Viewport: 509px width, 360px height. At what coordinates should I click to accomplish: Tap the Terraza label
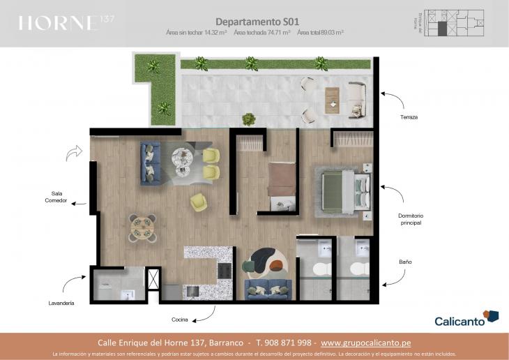click(409, 117)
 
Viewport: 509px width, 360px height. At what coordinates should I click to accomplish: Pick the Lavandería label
click(62, 304)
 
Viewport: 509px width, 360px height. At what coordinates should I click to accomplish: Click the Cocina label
click(180, 320)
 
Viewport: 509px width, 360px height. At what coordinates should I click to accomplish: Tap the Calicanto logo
click(466, 320)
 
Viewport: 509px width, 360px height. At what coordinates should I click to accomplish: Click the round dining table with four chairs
click(142, 227)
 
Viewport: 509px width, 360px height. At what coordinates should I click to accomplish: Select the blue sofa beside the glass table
click(151, 163)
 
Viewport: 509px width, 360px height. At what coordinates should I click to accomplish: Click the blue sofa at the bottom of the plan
click(268, 287)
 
